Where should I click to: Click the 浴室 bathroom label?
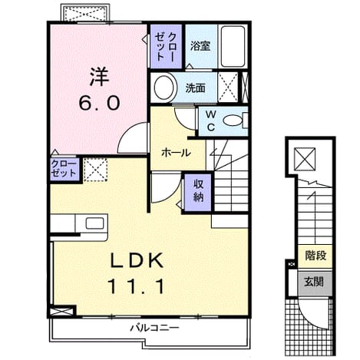pyautogui.click(x=200, y=46)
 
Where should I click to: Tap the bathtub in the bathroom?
pyautogui.click(x=233, y=46)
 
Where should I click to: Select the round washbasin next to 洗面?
pyautogui.click(x=164, y=88)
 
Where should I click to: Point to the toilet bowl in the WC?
pyautogui.click(x=233, y=121)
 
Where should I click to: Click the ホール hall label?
pyautogui.click(x=176, y=153)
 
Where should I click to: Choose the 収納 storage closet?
pyautogui.click(x=198, y=193)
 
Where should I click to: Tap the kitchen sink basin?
pyautogui.click(x=94, y=223)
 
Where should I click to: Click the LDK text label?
pyautogui.click(x=137, y=260)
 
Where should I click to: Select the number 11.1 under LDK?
pyautogui.click(x=136, y=286)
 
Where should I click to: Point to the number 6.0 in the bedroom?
pyautogui.click(x=99, y=103)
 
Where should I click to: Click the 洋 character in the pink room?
pyautogui.click(x=99, y=77)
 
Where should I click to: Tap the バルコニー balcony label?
pyautogui.click(x=154, y=328)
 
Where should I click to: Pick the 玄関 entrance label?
pyautogui.click(x=314, y=282)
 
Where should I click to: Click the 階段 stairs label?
pyautogui.click(x=315, y=256)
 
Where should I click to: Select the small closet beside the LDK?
pyautogui.click(x=64, y=169)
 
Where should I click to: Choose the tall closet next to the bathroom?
pyautogui.click(x=166, y=46)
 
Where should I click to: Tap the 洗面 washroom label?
pyautogui.click(x=195, y=88)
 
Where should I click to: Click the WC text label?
pyautogui.click(x=211, y=121)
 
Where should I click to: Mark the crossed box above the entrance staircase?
pyautogui.click(x=304, y=159)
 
